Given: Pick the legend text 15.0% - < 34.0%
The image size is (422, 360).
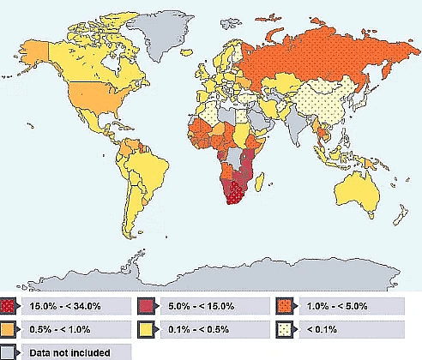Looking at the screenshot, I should (x=64, y=306).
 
